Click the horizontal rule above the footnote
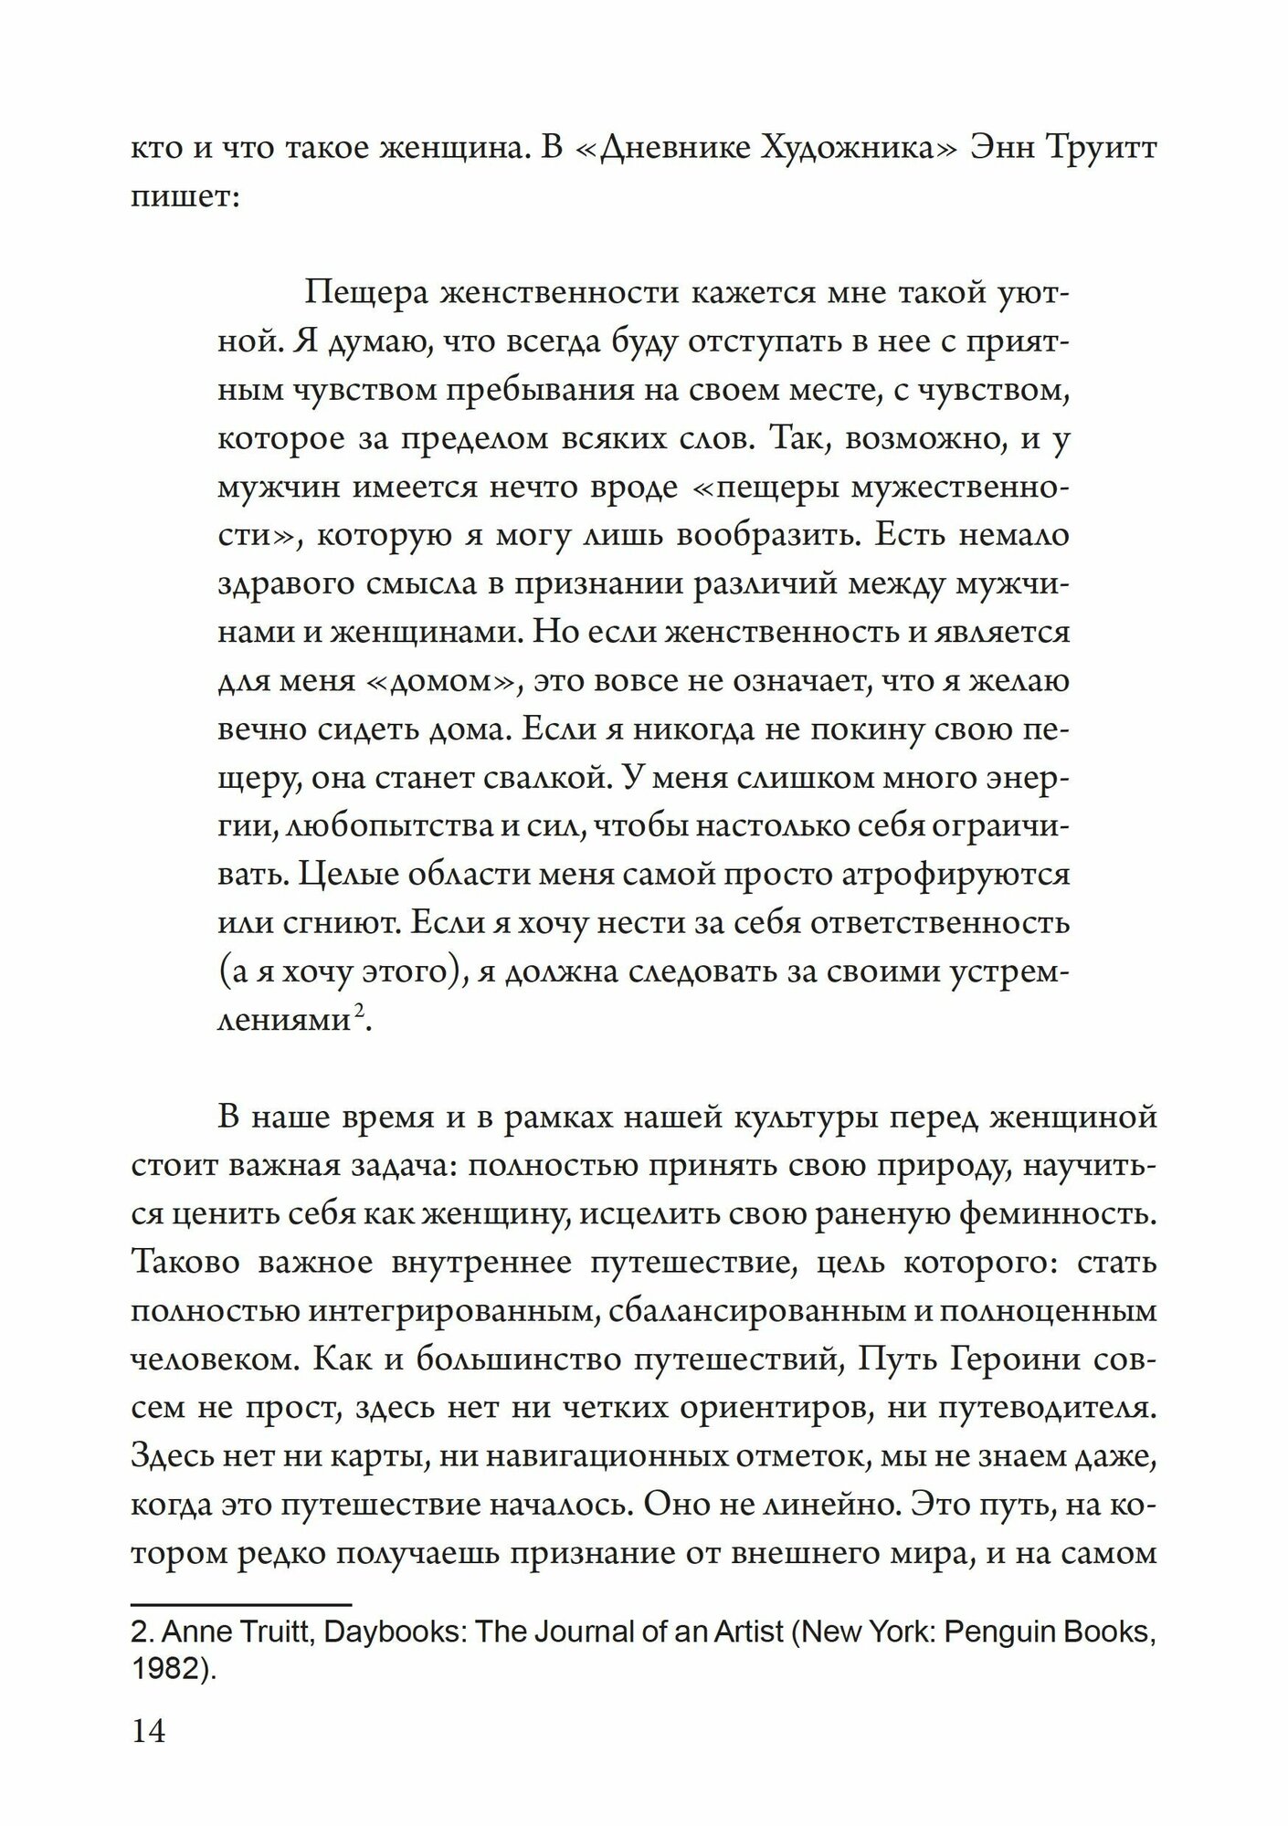click(x=241, y=1603)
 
